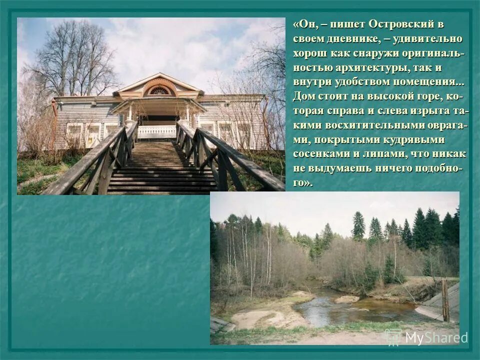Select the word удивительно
pos(431,38)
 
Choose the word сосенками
pos(318,154)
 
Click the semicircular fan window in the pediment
pos(159,90)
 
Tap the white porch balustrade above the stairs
pos(156,131)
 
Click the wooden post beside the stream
pos(445,300)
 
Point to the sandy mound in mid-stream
pos(346,299)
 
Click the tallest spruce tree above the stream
pos(358,226)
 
